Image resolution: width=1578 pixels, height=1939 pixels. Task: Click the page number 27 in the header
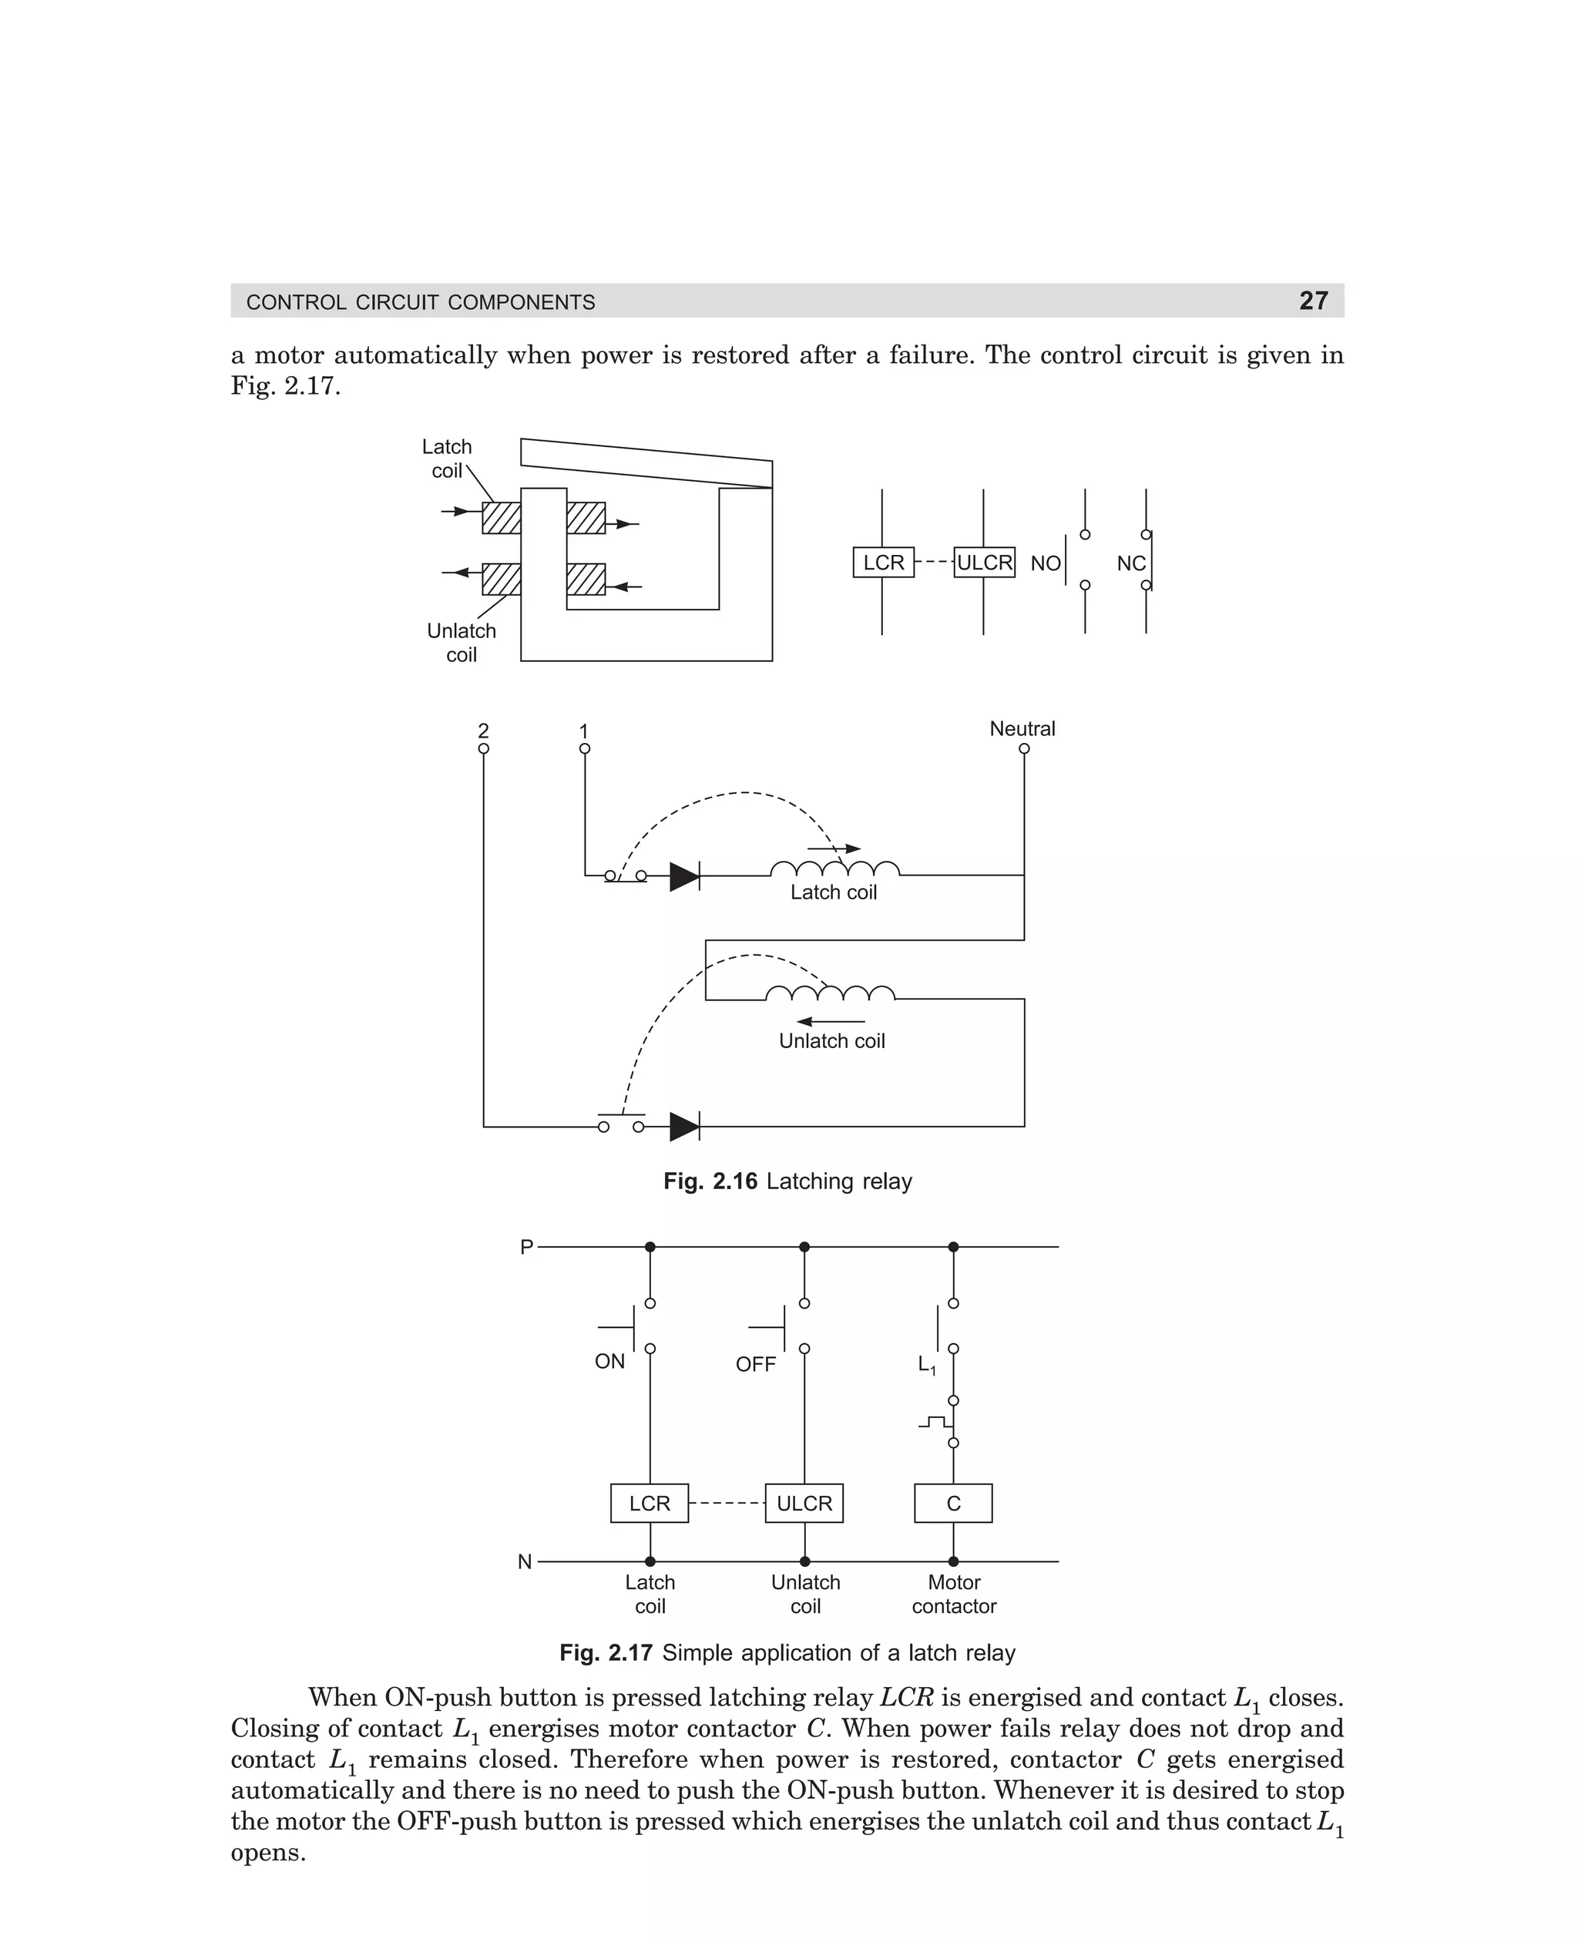pos(1313,301)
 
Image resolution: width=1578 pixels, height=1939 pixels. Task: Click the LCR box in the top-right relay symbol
pos(883,563)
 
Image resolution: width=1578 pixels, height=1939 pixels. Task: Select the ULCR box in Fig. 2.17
pos(804,1503)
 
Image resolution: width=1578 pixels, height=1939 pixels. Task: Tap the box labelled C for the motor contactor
pos(952,1503)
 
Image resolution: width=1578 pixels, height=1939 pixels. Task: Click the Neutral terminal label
pos(1022,728)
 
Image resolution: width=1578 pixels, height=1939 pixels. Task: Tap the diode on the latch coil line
pos(684,876)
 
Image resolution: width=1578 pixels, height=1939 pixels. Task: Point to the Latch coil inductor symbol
pos(834,868)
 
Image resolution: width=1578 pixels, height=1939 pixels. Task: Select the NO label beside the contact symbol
pos(1045,563)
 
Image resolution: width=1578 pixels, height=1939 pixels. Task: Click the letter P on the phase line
pos(526,1247)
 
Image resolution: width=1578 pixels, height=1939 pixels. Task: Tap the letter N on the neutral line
pos(525,1561)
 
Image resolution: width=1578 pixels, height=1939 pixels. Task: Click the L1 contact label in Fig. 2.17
pos(926,1365)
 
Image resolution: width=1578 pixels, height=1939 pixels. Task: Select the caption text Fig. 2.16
pos(710,1181)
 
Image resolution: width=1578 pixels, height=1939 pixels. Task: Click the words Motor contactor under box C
pos(954,1594)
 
